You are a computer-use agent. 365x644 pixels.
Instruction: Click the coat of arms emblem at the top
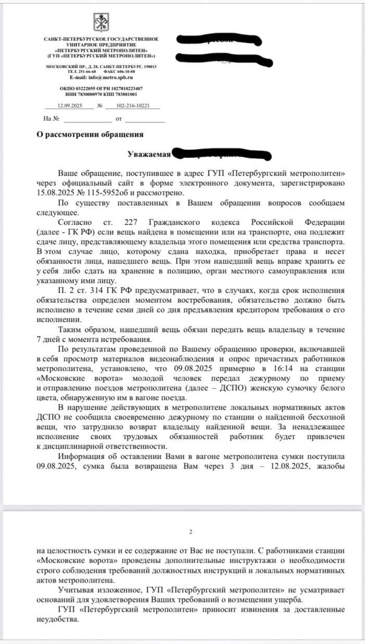[101, 22]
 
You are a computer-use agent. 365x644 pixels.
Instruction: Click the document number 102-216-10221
[133, 105]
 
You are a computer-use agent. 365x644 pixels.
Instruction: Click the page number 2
[191, 532]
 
